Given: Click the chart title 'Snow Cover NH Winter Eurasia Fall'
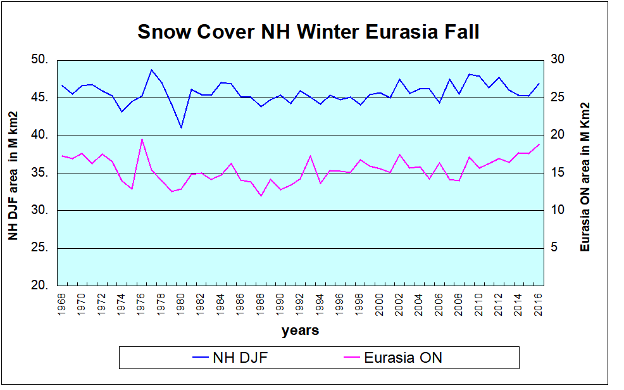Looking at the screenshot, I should coord(308,32).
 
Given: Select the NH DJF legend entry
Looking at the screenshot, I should coord(231,358).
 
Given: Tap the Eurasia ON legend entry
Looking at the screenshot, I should coord(392,358).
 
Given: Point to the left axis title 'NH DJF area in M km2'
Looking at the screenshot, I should coord(13,175).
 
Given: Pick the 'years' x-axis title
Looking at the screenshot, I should coord(300,330).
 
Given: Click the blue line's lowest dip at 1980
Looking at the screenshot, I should coord(182,127).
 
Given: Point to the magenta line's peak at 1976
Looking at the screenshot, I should coord(142,139).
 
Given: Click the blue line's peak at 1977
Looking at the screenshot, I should coord(152,70).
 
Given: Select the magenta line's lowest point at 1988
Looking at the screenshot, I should coord(261,196).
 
